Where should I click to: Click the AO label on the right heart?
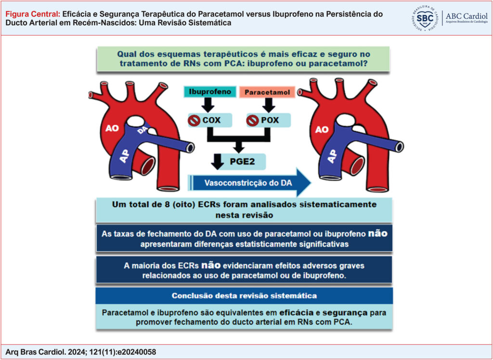point(322,129)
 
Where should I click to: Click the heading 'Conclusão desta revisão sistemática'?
point(244,295)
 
